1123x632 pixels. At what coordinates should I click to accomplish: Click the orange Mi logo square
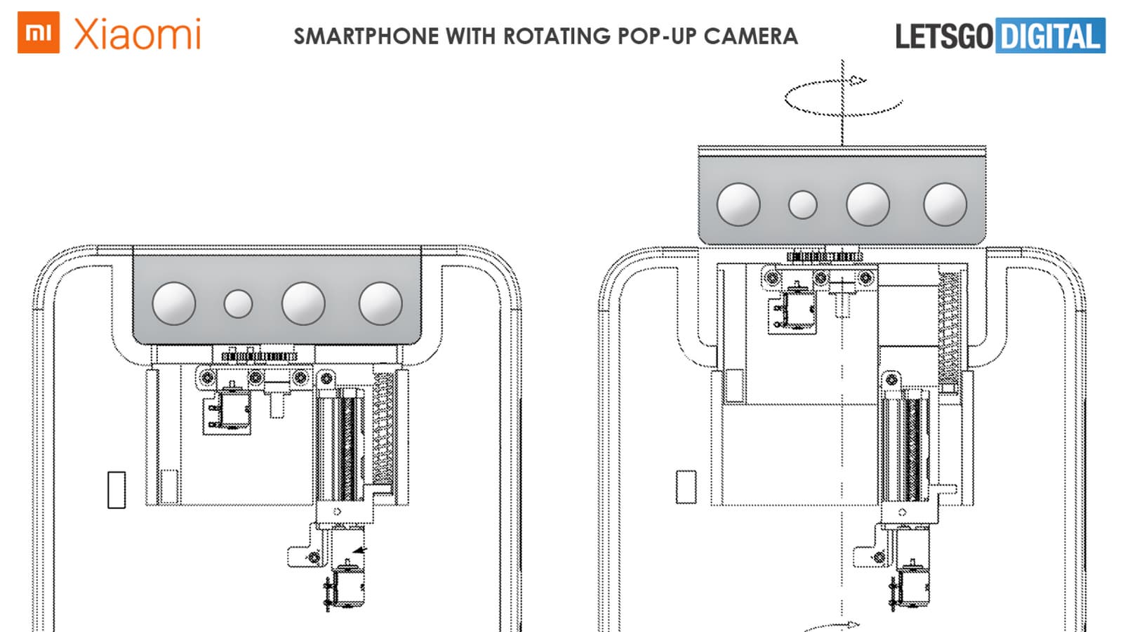[x=39, y=32]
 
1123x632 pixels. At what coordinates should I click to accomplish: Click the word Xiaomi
[x=138, y=34]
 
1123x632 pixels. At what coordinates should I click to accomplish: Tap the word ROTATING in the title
[x=557, y=36]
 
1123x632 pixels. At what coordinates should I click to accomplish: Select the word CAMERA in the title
[x=750, y=36]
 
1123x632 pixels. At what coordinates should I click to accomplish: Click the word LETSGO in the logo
[x=944, y=37]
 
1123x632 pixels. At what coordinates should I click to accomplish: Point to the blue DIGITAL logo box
[x=1050, y=35]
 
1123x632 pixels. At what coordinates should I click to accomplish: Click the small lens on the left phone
[x=238, y=303]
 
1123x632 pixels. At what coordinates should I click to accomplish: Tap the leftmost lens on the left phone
[x=174, y=303]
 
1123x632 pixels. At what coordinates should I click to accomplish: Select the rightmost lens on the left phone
[x=380, y=303]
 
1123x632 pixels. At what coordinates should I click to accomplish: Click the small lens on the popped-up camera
[x=803, y=204]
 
